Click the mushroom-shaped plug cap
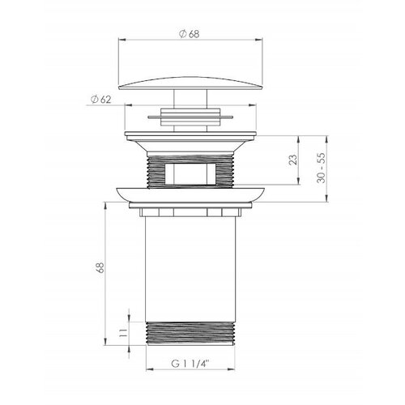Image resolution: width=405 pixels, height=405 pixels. tap(190, 79)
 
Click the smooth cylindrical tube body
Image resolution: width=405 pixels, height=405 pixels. tap(191, 267)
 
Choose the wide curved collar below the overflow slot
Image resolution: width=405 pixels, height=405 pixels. tap(191, 194)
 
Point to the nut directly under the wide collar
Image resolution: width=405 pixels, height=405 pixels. tap(191, 212)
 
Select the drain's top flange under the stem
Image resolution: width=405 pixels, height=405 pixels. tap(191, 135)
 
